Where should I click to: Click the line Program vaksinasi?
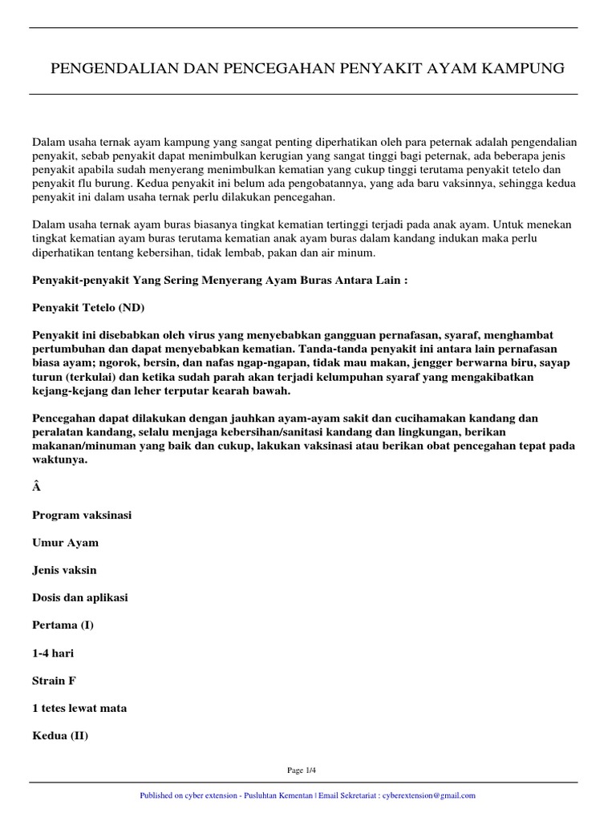pyautogui.click(x=82, y=515)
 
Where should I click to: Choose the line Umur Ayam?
pyautogui.click(x=65, y=542)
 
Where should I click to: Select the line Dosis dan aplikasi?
pyautogui.click(x=80, y=597)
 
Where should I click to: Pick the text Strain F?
pyautogui.click(x=55, y=680)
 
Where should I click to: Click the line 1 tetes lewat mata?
pyautogui.click(x=79, y=707)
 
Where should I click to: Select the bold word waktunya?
pyautogui.click(x=59, y=461)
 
